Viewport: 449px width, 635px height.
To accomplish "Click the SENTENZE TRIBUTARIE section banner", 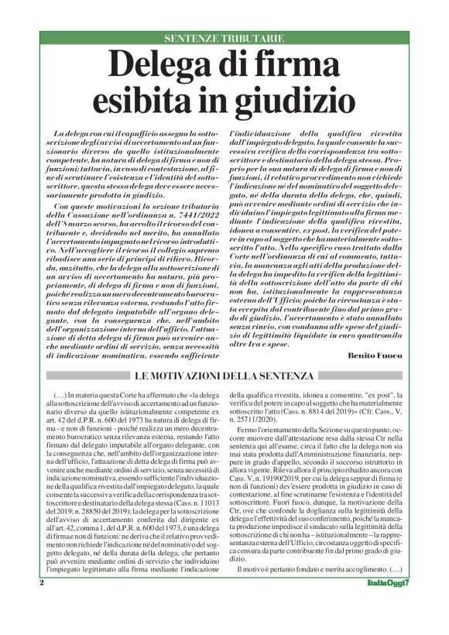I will pos(224,38).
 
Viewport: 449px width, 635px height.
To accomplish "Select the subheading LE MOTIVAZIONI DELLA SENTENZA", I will pos(224,376).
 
